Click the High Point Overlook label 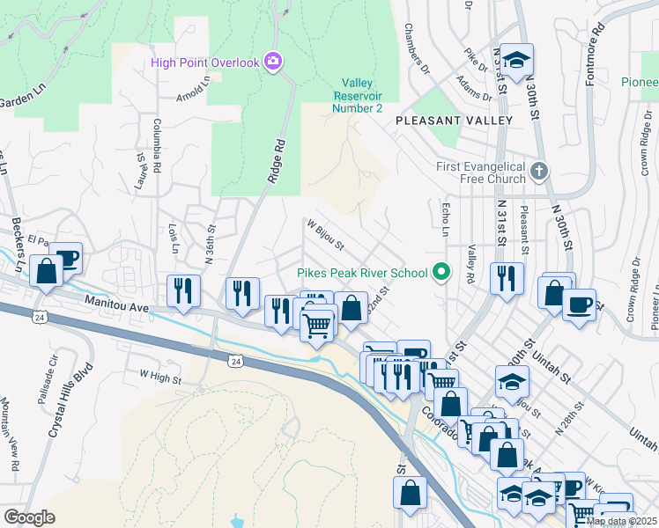tap(204, 62)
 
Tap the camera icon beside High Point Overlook tap(274, 61)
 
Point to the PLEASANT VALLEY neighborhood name tap(454, 120)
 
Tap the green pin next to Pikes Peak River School tap(443, 272)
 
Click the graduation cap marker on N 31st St tap(517, 60)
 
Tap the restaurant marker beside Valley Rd tap(506, 279)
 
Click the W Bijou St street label tap(324, 234)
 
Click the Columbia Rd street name tap(157, 144)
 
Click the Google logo tap(29, 517)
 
